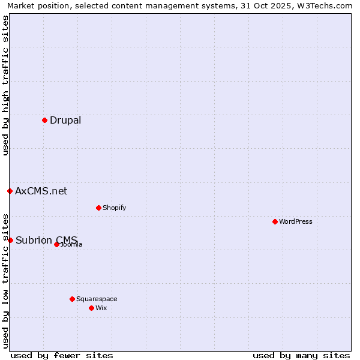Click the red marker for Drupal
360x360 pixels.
coord(44,120)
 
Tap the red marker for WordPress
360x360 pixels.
coord(275,221)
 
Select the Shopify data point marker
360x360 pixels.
coord(98,208)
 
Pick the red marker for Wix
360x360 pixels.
coord(91,308)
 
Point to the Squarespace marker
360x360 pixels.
coord(72,299)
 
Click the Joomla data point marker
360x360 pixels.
coord(56,244)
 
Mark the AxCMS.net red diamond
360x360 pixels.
coord(10,191)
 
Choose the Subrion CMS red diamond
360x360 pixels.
coord(10,240)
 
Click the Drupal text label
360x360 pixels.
coord(65,120)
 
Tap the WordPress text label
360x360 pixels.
coord(296,221)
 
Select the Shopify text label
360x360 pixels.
coord(114,208)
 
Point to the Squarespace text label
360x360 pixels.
coord(97,299)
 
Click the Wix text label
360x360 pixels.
coord(101,308)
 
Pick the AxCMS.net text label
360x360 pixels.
coord(41,191)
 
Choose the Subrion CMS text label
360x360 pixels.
coord(46,240)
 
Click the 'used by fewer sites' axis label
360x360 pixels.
coord(62,355)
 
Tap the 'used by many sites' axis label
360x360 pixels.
coord(301,355)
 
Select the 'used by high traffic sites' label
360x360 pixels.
coord(5,85)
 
